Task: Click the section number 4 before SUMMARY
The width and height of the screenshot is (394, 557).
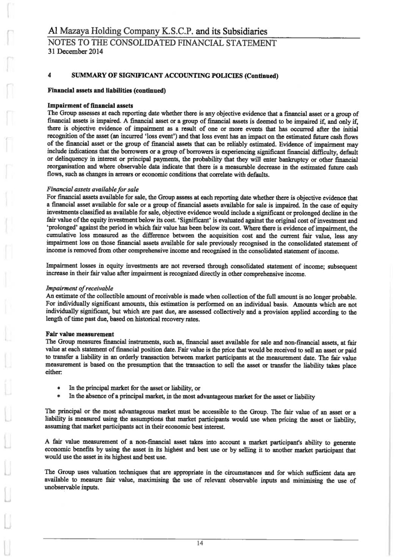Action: [x=49, y=75]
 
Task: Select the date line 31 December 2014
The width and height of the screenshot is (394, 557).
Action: [x=75, y=51]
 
